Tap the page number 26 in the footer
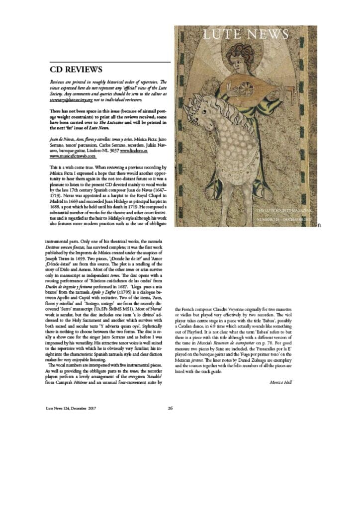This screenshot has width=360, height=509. [170, 408]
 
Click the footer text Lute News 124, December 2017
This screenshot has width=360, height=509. [70, 408]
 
